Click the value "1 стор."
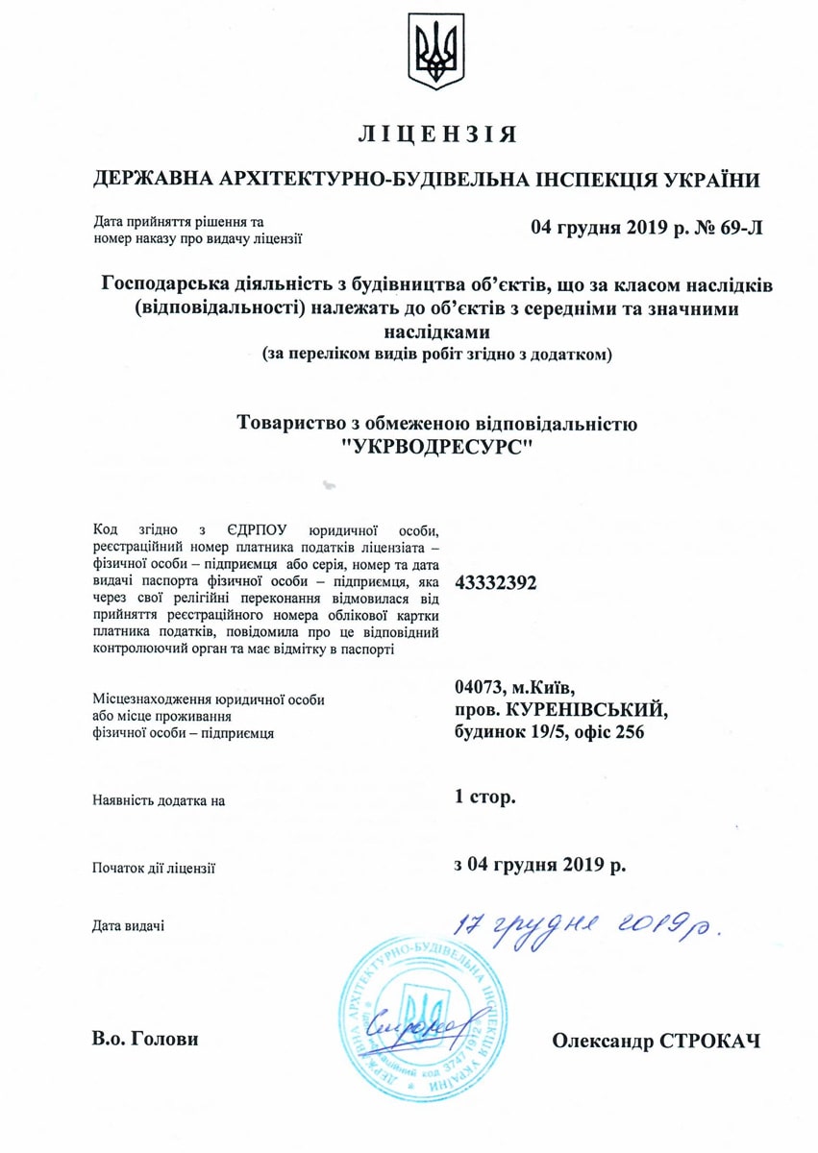click(486, 797)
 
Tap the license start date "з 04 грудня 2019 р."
click(540, 862)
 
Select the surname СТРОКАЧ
click(710, 1041)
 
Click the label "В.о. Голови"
click(147, 1039)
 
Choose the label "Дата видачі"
click(128, 925)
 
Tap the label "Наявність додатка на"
click(159, 799)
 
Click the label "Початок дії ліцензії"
click(154, 867)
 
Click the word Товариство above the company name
click(298, 422)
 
